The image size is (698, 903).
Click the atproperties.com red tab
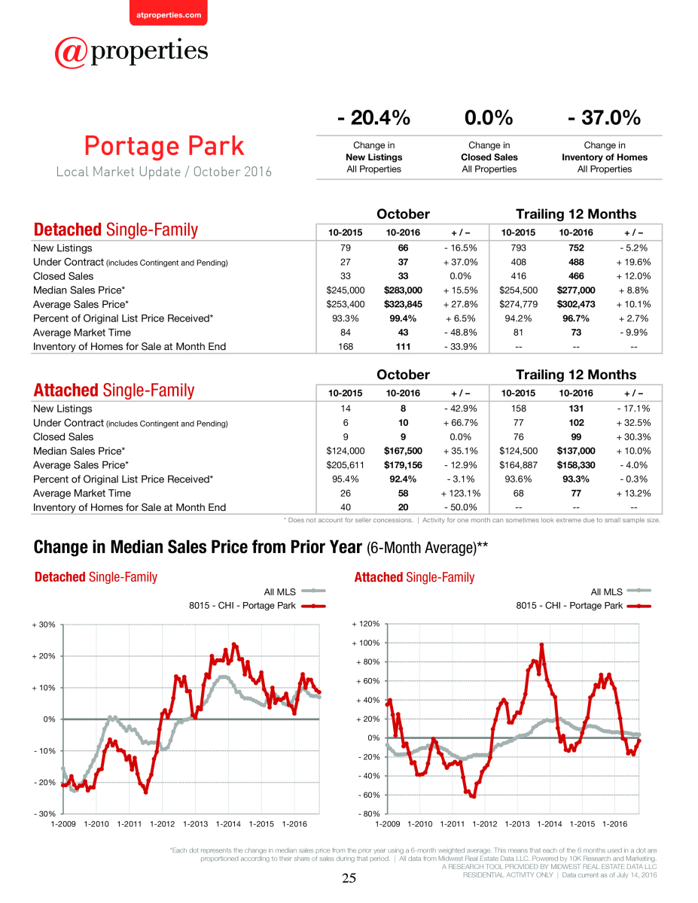click(169, 14)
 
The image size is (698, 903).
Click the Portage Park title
click(164, 146)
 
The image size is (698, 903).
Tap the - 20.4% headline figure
click(373, 117)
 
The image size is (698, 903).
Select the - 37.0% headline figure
click(605, 117)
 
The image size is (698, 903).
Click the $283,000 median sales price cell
click(403, 290)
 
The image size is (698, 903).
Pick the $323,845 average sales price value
click(403, 304)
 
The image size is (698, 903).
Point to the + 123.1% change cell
click(460, 493)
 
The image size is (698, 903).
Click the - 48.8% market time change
click(460, 333)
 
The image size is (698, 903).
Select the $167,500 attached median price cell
click(403, 451)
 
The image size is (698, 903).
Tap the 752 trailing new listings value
click(576, 248)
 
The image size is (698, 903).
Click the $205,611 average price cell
click(345, 465)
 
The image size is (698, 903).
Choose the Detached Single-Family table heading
click(115, 230)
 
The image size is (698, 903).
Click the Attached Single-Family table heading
click(114, 391)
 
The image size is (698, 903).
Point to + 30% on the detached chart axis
click(44, 625)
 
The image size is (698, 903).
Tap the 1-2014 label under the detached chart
click(228, 824)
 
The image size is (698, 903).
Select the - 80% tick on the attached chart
click(369, 813)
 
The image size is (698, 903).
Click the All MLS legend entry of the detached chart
click(294, 591)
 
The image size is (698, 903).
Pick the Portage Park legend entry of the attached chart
click(584, 606)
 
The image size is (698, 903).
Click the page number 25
click(349, 877)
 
